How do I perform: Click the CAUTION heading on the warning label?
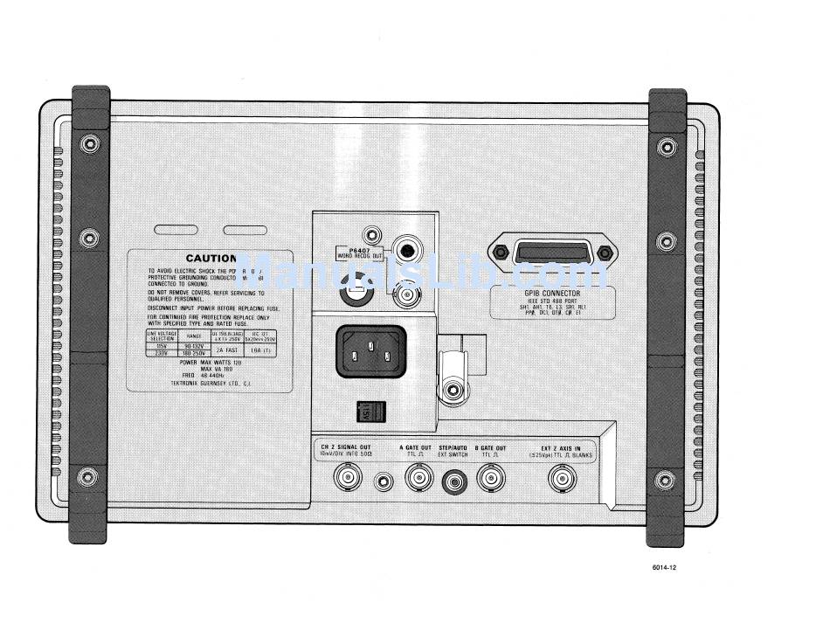pyautogui.click(x=211, y=259)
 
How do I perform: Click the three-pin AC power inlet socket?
pyautogui.click(x=370, y=350)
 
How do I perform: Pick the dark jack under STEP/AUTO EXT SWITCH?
pyautogui.click(x=453, y=480)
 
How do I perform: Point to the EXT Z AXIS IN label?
pyautogui.click(x=560, y=448)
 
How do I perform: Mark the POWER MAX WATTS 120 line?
pyautogui.click(x=210, y=361)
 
